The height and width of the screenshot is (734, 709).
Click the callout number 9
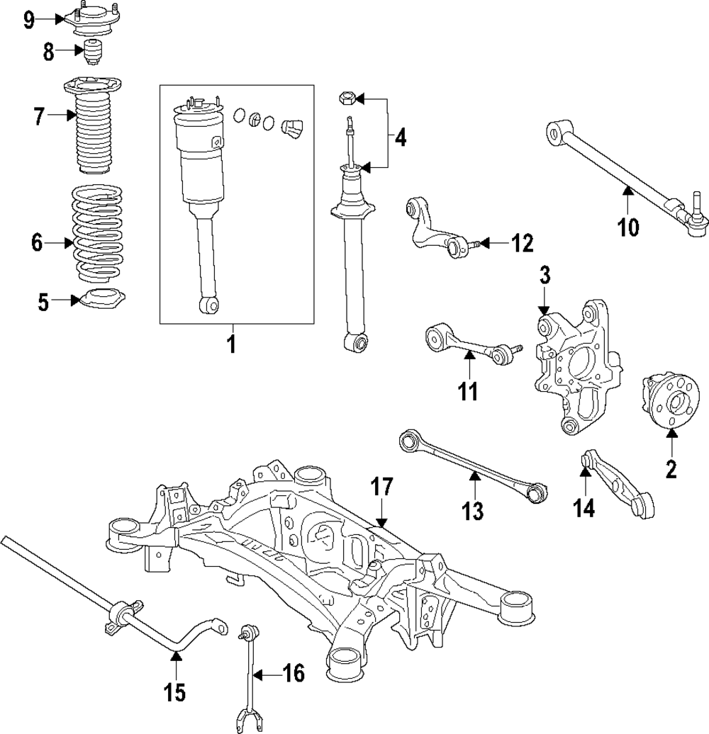[29, 20]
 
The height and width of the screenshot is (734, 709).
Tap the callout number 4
[401, 137]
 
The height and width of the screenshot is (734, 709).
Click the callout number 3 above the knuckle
[545, 276]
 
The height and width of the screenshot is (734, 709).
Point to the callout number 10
[628, 227]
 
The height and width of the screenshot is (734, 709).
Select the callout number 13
[473, 511]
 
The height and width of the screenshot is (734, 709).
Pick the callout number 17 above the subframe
[381, 487]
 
